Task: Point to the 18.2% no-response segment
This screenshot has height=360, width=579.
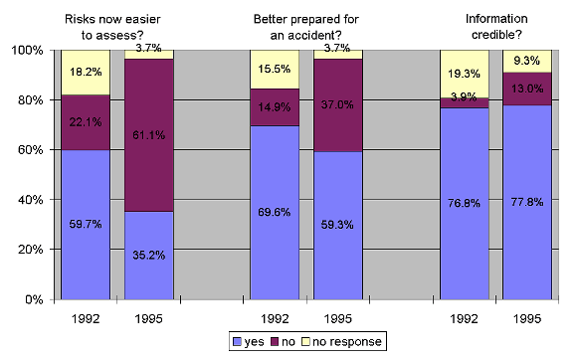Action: point(87,73)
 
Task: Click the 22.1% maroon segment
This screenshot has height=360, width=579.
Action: point(87,122)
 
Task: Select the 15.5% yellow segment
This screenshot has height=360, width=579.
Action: point(275,69)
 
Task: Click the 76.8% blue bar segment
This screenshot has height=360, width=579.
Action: point(465,203)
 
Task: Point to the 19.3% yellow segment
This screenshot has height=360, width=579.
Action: point(465,74)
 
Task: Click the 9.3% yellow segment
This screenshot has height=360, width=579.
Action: point(527,61)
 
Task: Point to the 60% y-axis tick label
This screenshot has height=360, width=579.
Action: point(27,150)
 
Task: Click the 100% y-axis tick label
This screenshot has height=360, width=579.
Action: point(24,50)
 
